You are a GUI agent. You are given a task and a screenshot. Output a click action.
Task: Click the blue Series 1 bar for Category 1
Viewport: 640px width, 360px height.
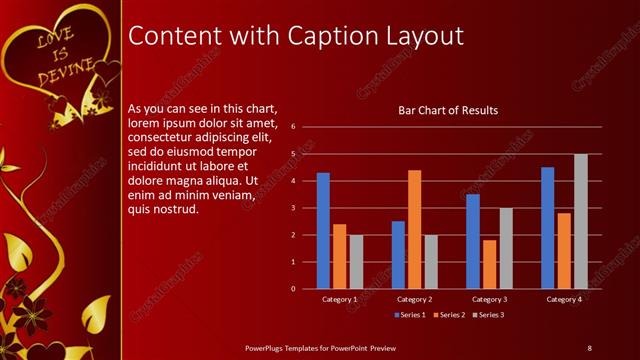click(x=323, y=231)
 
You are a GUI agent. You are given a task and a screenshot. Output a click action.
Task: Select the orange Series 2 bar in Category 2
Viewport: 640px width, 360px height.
click(x=414, y=229)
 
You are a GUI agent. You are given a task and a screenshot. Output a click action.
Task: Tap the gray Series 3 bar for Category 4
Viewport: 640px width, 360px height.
click(x=580, y=221)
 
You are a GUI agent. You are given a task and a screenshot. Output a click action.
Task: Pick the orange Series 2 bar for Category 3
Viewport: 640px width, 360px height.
click(x=489, y=264)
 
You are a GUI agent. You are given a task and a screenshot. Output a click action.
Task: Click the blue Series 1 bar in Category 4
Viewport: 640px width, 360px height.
click(x=548, y=228)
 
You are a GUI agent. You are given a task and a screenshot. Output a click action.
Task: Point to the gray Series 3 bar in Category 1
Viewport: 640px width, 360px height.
click(x=356, y=262)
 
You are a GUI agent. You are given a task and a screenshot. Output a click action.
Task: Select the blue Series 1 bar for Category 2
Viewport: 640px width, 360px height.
click(x=398, y=255)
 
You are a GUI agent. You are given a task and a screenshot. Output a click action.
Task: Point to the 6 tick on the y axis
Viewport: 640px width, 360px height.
click(x=292, y=127)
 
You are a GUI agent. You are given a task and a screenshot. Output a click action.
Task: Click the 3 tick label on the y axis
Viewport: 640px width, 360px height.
click(x=292, y=208)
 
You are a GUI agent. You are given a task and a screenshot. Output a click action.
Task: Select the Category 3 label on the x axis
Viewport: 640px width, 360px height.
click(x=488, y=299)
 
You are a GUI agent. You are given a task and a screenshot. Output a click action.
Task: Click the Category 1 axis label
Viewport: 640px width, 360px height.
click(x=340, y=299)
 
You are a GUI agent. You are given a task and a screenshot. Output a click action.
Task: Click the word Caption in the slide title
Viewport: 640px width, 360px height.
click(x=324, y=36)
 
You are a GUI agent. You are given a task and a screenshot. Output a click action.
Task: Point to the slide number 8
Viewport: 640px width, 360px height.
click(x=589, y=347)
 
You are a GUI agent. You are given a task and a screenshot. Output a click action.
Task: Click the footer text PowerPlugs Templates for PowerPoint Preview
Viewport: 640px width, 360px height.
click(x=321, y=347)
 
